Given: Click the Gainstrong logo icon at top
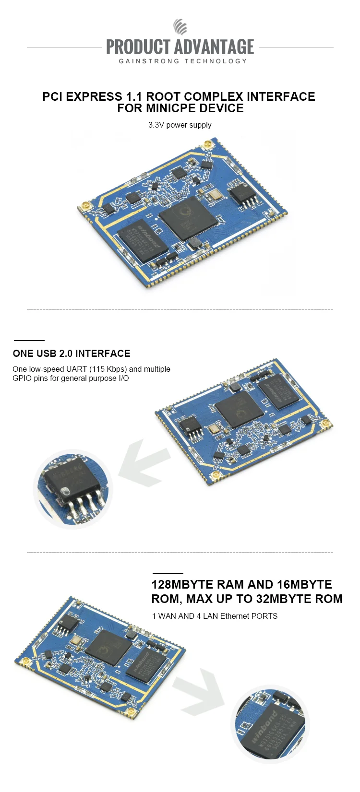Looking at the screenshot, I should pyautogui.click(x=180, y=27).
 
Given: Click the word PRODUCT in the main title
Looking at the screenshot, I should pyautogui.click(x=138, y=47).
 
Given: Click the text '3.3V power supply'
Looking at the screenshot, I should pyautogui.click(x=180, y=125).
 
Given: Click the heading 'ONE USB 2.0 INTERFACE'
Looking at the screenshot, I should pyautogui.click(x=72, y=354).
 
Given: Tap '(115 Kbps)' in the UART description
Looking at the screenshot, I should pyautogui.click(x=108, y=369).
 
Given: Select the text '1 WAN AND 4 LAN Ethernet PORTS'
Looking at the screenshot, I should pyautogui.click(x=215, y=616).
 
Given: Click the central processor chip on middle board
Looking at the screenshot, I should pyautogui.click(x=239, y=409).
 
